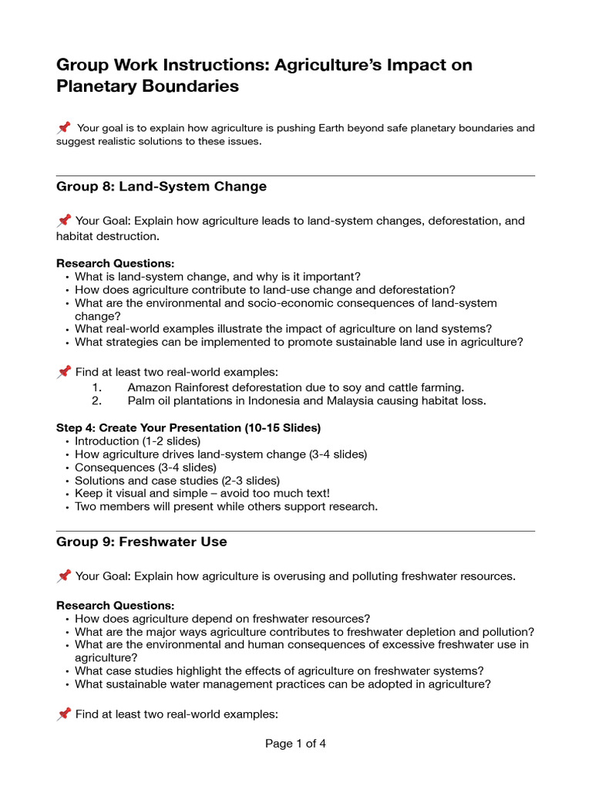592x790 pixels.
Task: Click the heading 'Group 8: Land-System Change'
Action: pos(161,187)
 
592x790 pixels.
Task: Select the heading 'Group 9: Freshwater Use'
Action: pos(141,542)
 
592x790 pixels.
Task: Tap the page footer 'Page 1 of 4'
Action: pos(295,744)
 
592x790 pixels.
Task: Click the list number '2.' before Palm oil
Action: pos(96,401)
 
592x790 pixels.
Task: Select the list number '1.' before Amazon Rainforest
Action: pos(96,387)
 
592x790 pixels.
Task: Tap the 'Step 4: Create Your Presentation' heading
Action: pos(188,427)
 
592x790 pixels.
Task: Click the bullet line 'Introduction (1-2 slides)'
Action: pos(137,441)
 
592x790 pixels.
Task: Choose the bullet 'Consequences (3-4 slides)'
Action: pos(146,468)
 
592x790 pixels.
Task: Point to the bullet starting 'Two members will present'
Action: pos(226,507)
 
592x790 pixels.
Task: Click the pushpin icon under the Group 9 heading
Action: pos(64,576)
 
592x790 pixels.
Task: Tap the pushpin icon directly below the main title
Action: pos(64,127)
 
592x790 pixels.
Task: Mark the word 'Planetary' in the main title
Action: pos(99,86)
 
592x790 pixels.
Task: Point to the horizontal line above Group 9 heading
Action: pos(295,531)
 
